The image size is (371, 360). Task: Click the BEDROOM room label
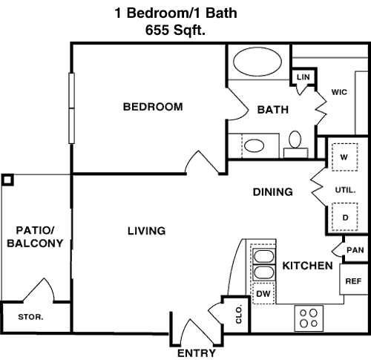(153, 107)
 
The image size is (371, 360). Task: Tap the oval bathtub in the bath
(257, 62)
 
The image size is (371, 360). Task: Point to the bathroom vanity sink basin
(254, 145)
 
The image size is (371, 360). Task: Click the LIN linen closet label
(303, 77)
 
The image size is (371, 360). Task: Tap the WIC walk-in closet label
(339, 92)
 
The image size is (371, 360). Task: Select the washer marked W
(344, 157)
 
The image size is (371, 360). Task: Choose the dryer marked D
(344, 217)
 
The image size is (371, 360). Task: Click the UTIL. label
(345, 190)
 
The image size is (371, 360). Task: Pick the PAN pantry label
(355, 250)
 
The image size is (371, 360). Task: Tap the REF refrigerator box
(354, 279)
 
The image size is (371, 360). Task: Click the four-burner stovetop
(309, 318)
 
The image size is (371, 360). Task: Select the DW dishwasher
(263, 294)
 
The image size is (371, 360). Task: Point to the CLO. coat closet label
(239, 315)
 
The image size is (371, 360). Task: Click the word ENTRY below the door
(197, 353)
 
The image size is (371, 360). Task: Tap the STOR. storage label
(30, 317)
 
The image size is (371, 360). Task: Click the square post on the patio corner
(7, 180)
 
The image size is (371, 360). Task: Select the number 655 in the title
(157, 30)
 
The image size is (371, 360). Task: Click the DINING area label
(273, 192)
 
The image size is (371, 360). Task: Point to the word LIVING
(147, 231)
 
